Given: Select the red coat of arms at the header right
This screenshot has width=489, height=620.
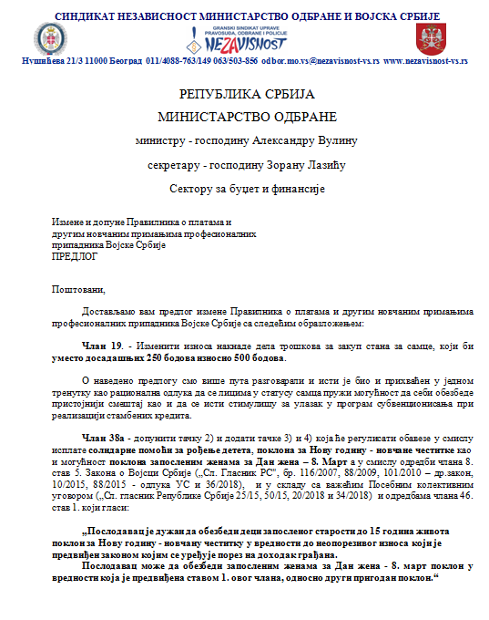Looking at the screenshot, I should coord(428,39).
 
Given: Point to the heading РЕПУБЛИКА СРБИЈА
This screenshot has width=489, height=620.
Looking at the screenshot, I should coord(246,94).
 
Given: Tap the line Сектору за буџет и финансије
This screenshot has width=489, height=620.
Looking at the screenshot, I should coord(247,188).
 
